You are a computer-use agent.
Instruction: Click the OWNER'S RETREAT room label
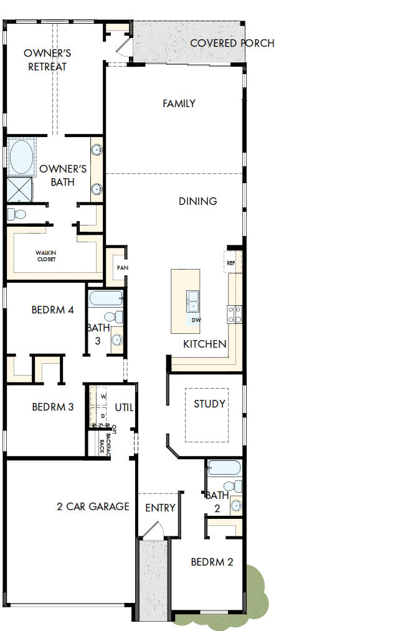47,60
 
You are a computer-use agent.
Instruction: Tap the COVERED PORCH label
232,43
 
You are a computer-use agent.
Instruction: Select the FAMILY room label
179,103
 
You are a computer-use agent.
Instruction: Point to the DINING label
198,201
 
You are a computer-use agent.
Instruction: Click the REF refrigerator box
231,263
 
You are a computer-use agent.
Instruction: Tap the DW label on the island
196,320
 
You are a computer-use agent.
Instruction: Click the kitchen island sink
193,300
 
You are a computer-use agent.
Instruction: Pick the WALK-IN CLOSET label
46,255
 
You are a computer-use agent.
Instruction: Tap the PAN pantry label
121,268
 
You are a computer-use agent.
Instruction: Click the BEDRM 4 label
53,310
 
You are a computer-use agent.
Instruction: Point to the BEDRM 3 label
53,407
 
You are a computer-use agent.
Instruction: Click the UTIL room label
124,407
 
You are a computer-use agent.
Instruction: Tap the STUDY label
209,404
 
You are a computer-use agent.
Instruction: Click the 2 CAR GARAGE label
93,506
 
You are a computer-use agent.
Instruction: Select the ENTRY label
160,508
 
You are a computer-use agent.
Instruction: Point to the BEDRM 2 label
212,562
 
